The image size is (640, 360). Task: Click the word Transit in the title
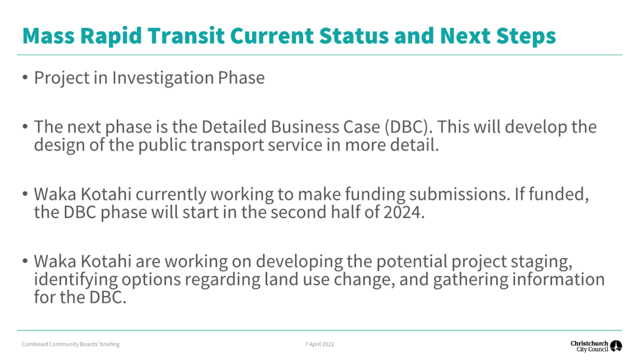point(186,36)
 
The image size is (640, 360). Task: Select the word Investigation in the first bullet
point(163,78)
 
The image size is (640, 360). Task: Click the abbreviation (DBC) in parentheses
point(407,127)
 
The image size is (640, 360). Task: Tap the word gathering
point(471,280)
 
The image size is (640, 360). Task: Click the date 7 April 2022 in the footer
point(319,344)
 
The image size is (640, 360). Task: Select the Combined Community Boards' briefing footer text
point(71,344)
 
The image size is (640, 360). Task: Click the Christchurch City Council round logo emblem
point(616,346)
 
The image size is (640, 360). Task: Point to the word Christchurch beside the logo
point(589,343)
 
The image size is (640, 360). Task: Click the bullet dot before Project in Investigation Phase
point(25,77)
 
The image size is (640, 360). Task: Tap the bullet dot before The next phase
point(25,127)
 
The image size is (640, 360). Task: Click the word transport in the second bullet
point(228,145)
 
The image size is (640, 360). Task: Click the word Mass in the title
point(48,36)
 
